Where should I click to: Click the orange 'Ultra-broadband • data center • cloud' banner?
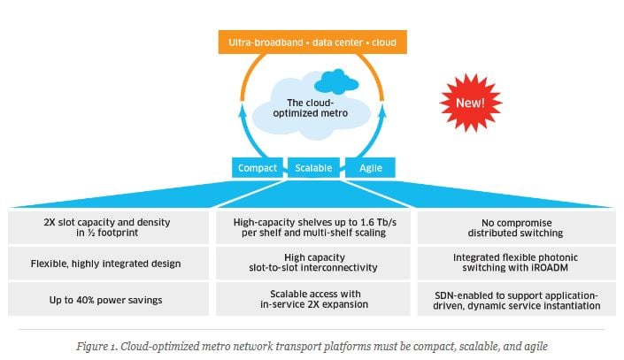313,41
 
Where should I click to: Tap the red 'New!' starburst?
470,103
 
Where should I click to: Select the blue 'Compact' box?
258,167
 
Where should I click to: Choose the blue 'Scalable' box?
312,167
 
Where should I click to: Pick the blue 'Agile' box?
370,167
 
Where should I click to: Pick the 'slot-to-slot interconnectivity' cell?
313,263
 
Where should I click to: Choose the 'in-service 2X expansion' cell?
313,299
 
